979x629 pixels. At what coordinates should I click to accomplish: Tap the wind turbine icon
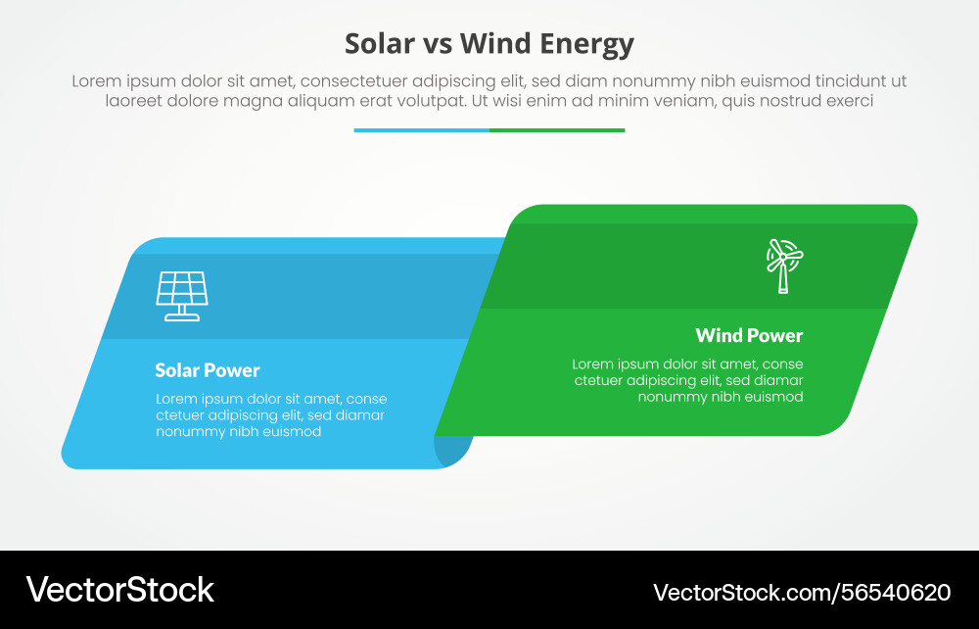coord(783,265)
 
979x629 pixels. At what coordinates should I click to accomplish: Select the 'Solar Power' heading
coord(208,370)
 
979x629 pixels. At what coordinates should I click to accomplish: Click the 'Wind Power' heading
coord(749,335)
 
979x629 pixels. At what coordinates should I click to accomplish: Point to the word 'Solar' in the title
coord(380,44)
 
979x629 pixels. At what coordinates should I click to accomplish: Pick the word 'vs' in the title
coord(437,44)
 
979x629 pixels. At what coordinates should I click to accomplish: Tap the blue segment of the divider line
coord(421,129)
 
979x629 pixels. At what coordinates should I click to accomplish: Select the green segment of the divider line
coord(557,129)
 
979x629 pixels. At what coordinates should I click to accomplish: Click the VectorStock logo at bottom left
coord(119,590)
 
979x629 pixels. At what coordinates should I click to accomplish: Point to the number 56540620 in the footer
coord(893,592)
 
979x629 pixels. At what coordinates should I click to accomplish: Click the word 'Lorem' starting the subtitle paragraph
coord(95,81)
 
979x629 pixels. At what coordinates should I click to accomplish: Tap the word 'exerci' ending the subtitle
coord(849,100)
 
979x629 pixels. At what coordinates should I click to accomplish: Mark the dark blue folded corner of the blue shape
coord(454,450)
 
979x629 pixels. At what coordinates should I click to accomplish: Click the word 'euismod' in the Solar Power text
coord(291,431)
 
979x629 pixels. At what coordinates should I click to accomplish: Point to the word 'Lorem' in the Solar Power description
coord(178,399)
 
